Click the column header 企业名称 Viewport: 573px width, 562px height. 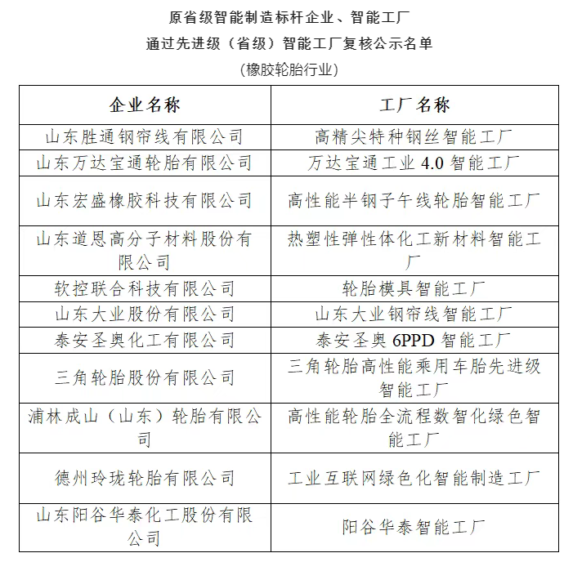(x=145, y=105)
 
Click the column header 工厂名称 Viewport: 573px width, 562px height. (x=414, y=105)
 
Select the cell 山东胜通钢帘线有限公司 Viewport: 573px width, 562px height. (x=145, y=136)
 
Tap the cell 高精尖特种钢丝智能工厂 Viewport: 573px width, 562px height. (x=414, y=136)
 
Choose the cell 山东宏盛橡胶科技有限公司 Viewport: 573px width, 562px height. (x=145, y=200)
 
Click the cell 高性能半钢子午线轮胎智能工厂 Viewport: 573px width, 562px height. (x=414, y=200)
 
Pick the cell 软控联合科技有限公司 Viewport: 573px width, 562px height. (x=145, y=288)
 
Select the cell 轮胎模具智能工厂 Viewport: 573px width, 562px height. (x=414, y=288)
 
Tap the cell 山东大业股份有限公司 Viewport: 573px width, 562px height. (x=145, y=314)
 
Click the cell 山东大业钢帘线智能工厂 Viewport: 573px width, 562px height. (x=414, y=314)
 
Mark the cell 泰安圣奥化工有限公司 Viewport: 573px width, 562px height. (x=145, y=340)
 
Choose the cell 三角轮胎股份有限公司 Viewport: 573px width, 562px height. (x=145, y=377)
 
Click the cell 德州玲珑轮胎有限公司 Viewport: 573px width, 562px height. (x=145, y=478)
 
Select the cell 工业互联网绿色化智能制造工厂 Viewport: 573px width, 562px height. (x=414, y=478)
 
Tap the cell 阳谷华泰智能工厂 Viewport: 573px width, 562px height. (x=414, y=528)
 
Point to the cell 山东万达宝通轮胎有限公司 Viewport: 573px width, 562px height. (x=145, y=163)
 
